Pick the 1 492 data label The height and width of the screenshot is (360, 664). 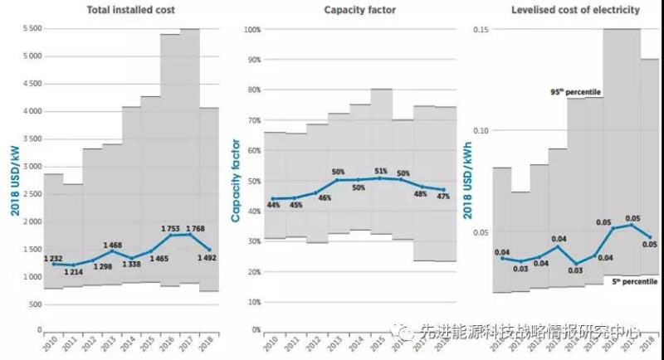(x=208, y=257)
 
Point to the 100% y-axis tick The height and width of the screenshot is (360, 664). (x=251, y=29)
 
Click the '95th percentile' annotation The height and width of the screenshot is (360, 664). (x=577, y=91)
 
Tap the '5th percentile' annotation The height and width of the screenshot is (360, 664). (x=635, y=282)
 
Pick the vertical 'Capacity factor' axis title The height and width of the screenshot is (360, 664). (x=236, y=178)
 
